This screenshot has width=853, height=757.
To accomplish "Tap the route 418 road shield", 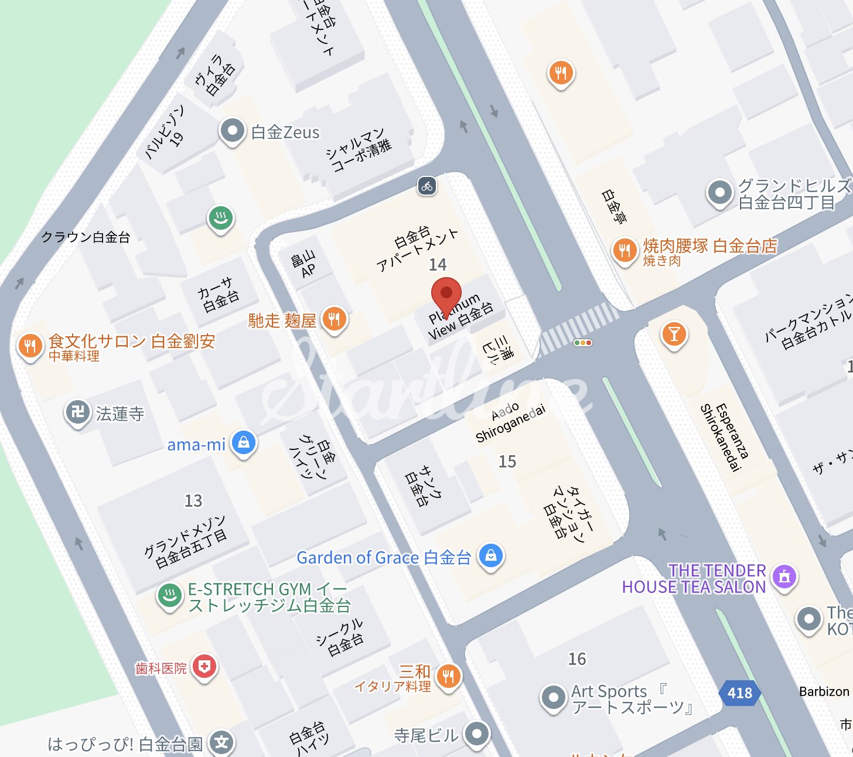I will [x=739, y=693].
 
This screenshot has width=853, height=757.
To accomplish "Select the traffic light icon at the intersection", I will [x=582, y=343].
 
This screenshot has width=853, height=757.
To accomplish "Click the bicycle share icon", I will [x=427, y=186].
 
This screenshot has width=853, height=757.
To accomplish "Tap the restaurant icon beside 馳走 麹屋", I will [x=334, y=319].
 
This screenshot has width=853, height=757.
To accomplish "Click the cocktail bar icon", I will [x=674, y=334].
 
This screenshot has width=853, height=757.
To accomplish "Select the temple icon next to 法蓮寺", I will [x=77, y=412].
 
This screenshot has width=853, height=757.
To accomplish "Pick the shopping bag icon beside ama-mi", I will [x=244, y=443].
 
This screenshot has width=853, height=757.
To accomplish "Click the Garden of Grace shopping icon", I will [x=491, y=555].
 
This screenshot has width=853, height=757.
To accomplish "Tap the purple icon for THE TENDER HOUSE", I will [x=784, y=577].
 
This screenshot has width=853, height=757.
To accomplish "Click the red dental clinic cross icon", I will [x=204, y=666].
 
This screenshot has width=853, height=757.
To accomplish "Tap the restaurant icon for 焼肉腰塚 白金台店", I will [x=625, y=250].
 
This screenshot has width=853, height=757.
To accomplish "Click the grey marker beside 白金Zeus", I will [x=233, y=131].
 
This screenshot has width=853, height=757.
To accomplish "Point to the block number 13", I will [x=193, y=501].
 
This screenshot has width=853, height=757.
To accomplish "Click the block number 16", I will [x=577, y=659].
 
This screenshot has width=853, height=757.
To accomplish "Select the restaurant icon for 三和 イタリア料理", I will [x=448, y=677].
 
